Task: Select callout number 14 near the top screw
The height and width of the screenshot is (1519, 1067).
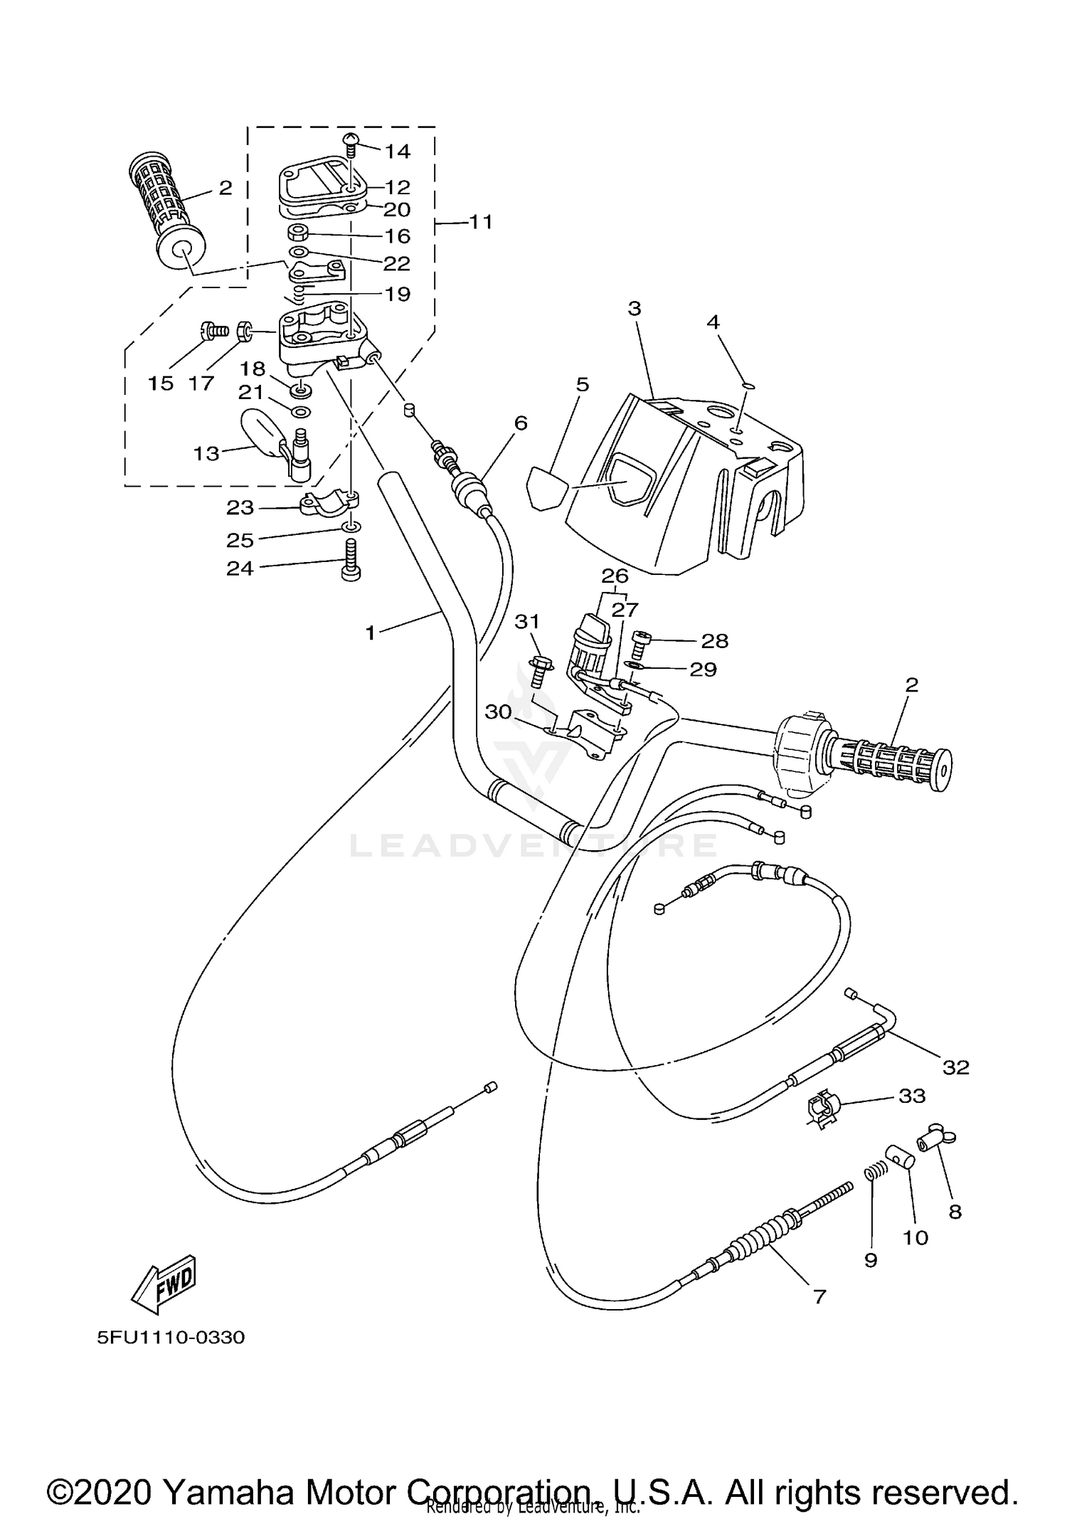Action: [x=398, y=151]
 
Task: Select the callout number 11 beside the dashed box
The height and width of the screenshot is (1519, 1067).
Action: [x=481, y=222]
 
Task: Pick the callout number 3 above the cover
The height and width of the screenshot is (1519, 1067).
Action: [x=635, y=309]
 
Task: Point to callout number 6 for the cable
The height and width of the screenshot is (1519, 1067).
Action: [x=521, y=423]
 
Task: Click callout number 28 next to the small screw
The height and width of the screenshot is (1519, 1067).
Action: [x=714, y=641]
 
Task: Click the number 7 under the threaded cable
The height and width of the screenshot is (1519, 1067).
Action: [x=819, y=1297]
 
